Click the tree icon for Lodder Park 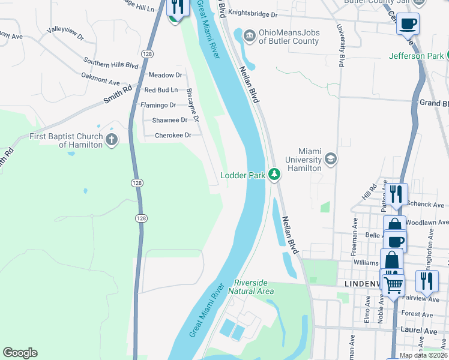tap(274, 175)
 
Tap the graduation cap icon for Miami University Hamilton tap(330, 159)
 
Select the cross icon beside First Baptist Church tap(111, 140)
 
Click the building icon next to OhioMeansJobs tap(249, 37)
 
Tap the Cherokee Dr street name tap(173, 135)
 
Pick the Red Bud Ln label tap(161, 90)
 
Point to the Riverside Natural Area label tap(254, 287)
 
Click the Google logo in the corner tap(20, 353)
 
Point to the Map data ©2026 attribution tap(423, 355)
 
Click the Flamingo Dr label tap(158, 105)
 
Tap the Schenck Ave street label tap(428, 205)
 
